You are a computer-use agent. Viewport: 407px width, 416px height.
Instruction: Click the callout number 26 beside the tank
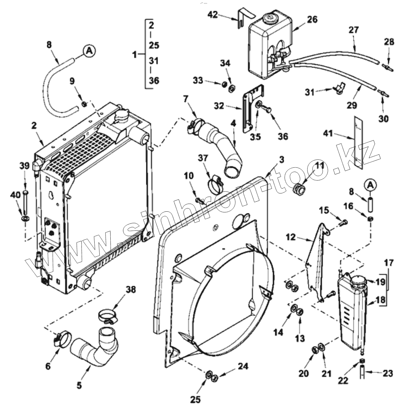pyautogui.click(x=312, y=20)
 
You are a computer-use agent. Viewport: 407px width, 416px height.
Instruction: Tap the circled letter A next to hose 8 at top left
pyautogui.click(x=89, y=50)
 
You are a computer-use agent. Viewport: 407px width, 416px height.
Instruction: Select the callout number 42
pyautogui.click(x=212, y=14)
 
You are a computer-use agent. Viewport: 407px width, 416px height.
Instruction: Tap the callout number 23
pyautogui.click(x=387, y=373)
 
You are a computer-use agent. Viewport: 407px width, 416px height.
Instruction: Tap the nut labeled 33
pyautogui.click(x=225, y=84)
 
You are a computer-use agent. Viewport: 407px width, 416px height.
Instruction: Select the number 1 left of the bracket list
pyautogui.click(x=134, y=55)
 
